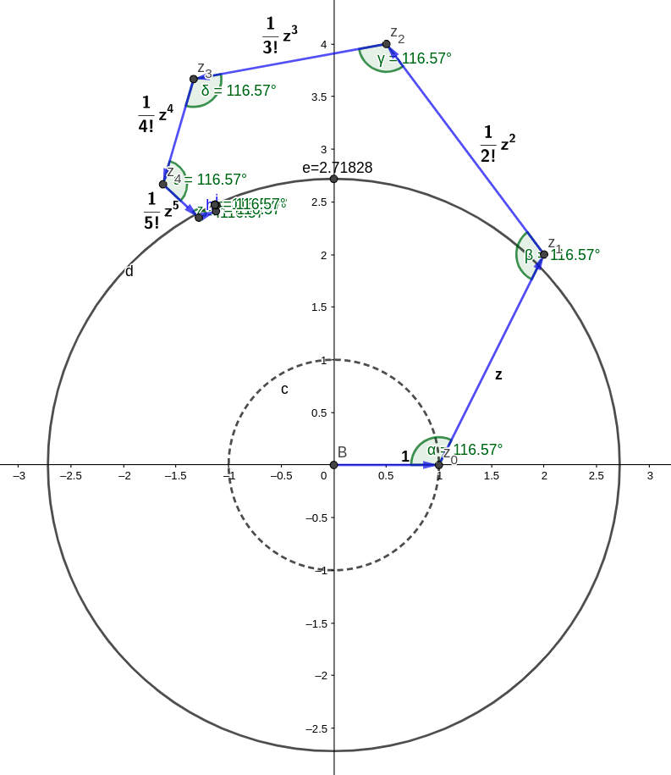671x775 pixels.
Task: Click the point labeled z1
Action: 543,254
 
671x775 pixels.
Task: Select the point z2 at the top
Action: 387,44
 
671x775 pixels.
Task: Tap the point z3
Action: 194,79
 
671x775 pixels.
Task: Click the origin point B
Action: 333,464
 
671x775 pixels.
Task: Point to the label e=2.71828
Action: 337,168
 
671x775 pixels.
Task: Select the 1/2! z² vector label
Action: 497,144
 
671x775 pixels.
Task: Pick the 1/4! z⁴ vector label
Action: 156,115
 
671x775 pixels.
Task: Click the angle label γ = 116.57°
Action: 415,58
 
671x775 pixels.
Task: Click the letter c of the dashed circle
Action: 284,390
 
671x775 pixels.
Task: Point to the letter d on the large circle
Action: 129,272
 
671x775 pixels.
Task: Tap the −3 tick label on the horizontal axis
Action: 18,476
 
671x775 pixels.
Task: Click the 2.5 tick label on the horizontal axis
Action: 596,476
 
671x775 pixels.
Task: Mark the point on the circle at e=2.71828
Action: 333,179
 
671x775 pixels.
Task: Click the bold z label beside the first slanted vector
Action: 498,374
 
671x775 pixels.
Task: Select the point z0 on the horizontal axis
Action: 438,464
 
